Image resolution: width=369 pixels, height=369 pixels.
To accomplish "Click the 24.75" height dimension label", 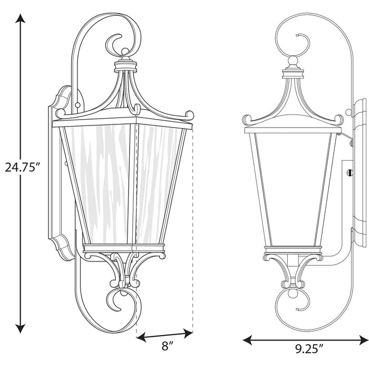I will pos(23,168).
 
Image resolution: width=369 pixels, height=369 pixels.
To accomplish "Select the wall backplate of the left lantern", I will pos(61,174).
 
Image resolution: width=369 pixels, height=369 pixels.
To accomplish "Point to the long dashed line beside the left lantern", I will pos(192,227).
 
